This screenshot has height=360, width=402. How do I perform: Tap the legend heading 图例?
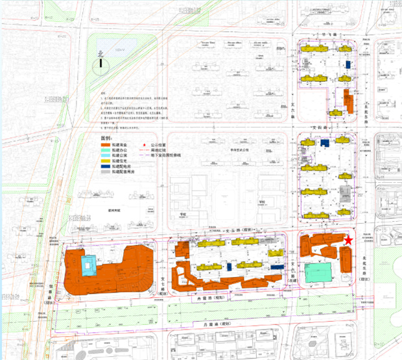tap(106, 139)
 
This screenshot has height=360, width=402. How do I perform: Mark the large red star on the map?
tap(349, 241)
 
